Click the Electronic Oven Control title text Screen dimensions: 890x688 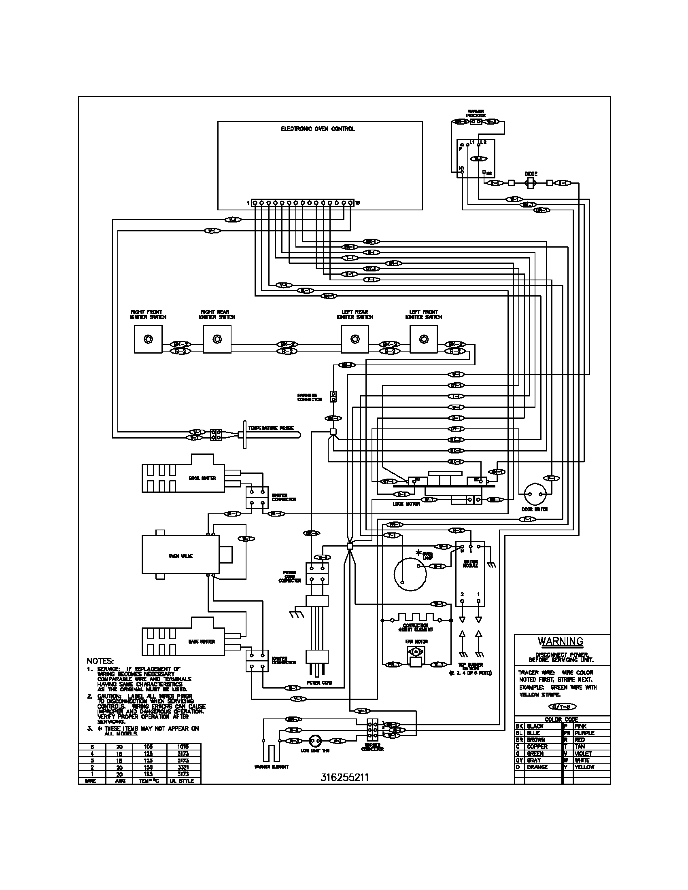pyautogui.click(x=318, y=129)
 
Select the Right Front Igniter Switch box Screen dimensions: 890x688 pyautogui.click(x=148, y=339)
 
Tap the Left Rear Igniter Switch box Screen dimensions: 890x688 pyautogui.click(x=355, y=339)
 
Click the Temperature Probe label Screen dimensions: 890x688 pyautogui.click(x=271, y=428)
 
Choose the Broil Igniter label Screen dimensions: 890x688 pyautogui.click(x=202, y=478)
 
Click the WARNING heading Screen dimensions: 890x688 pyautogui.click(x=561, y=642)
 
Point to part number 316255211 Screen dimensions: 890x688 pyautogui.click(x=344, y=778)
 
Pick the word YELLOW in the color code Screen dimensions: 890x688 pyautogui.click(x=584, y=767)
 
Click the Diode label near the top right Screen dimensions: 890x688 pyautogui.click(x=531, y=174)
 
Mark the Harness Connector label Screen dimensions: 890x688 pyautogui.click(x=310, y=397)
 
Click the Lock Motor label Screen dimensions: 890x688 pyautogui.click(x=406, y=504)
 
